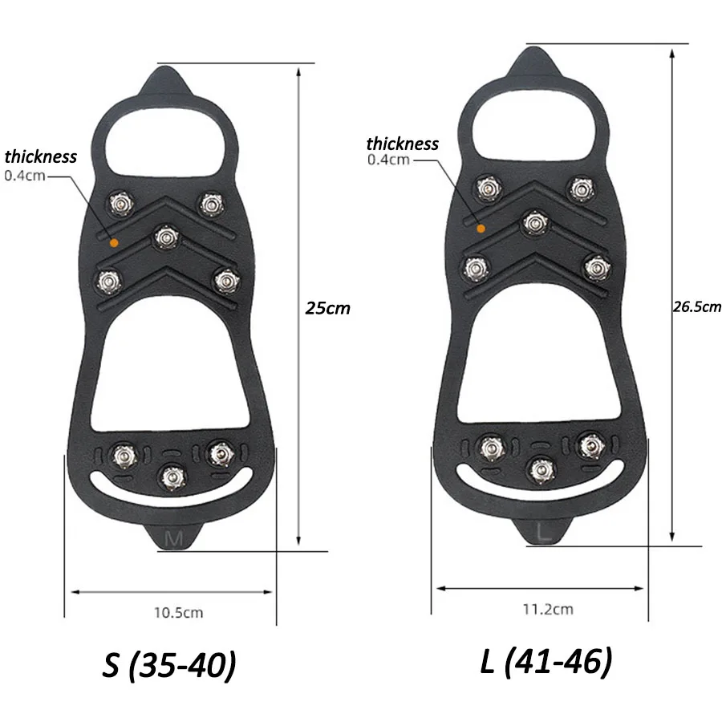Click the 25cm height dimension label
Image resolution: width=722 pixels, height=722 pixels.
click(x=327, y=307)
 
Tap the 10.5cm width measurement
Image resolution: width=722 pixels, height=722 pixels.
click(x=178, y=613)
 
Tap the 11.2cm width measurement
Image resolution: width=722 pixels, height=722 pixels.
click(x=548, y=609)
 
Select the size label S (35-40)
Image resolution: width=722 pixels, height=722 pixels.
click(x=169, y=665)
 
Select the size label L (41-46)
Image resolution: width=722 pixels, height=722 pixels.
click(x=546, y=662)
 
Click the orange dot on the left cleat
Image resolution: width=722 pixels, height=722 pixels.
click(x=115, y=242)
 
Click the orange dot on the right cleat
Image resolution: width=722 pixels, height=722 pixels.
click(x=481, y=229)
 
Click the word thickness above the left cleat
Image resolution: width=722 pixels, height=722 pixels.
click(x=41, y=156)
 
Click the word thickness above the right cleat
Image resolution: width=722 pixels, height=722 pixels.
click(x=403, y=144)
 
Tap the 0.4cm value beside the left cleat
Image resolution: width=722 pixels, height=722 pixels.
click(x=25, y=175)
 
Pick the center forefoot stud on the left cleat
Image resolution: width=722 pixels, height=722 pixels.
click(x=166, y=237)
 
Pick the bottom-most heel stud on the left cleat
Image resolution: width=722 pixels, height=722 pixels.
click(x=171, y=477)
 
